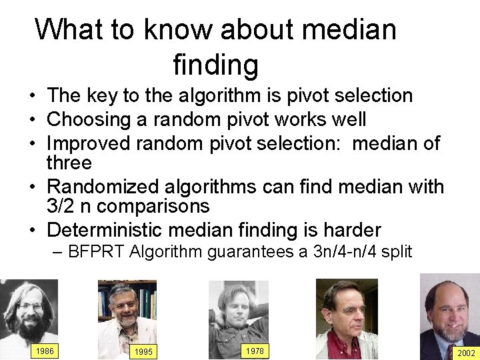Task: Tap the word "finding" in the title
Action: pyautogui.click(x=215, y=65)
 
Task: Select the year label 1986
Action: pyautogui.click(x=45, y=351)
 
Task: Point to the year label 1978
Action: pyautogui.click(x=254, y=351)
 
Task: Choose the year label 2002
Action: pyautogui.click(x=465, y=353)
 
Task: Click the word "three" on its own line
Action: pyautogui.click(x=69, y=162)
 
